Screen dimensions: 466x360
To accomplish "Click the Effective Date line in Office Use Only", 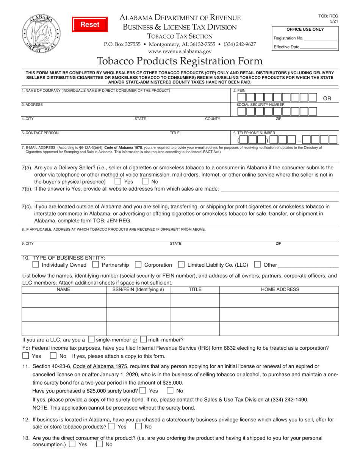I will (318, 47).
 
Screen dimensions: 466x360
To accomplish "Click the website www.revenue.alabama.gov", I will (180, 51).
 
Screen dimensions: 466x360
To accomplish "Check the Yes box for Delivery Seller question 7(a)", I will (118, 181).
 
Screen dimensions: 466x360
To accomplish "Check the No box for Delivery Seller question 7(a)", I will (145, 181).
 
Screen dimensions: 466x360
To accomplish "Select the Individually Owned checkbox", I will (36, 265).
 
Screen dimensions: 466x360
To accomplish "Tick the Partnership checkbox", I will (96, 265).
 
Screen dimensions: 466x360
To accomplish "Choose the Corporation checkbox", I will (138, 265).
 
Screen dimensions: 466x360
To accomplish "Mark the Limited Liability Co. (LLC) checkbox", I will (182, 265).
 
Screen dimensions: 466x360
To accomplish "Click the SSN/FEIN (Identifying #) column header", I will (138, 290).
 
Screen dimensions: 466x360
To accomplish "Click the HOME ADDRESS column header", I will (280, 290).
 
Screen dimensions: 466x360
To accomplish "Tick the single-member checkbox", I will (91, 339).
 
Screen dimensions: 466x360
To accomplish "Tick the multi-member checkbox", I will (144, 339).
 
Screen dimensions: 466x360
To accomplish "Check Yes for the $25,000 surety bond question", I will (143, 391).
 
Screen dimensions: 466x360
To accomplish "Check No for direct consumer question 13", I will (99, 445).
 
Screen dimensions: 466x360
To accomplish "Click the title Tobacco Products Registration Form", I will (180, 61).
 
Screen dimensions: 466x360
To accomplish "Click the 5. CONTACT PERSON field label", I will (40, 133).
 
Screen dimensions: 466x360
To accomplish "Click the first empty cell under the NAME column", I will (64, 301).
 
